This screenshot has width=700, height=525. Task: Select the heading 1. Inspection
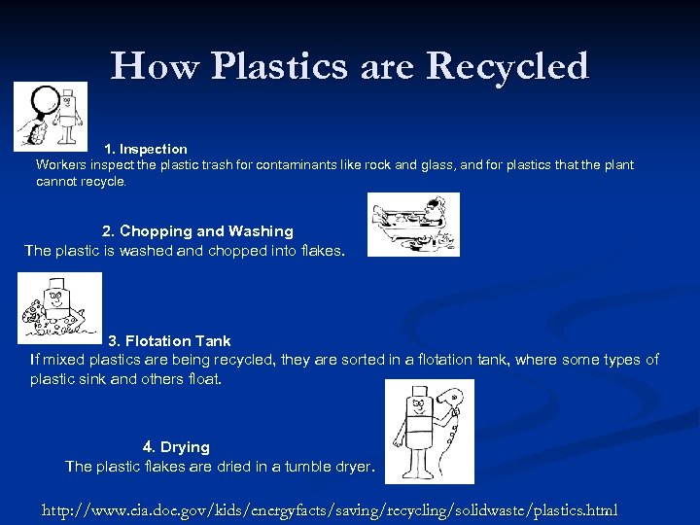coord(146,149)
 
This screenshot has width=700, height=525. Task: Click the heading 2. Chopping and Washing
coord(197,231)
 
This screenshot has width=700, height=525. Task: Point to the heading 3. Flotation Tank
coord(169,341)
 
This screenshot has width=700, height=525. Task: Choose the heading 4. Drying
coord(176,447)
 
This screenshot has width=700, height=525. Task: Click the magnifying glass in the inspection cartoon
coord(40,106)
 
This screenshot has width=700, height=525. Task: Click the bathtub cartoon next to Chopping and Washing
coord(412,225)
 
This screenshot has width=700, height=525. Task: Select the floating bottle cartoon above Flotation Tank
coord(59,306)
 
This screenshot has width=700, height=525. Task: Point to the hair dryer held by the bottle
coord(452,400)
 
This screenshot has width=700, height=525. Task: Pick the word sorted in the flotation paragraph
coord(376,360)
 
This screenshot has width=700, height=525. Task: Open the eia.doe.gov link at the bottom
coord(330,510)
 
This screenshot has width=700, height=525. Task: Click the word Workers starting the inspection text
coord(60,165)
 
